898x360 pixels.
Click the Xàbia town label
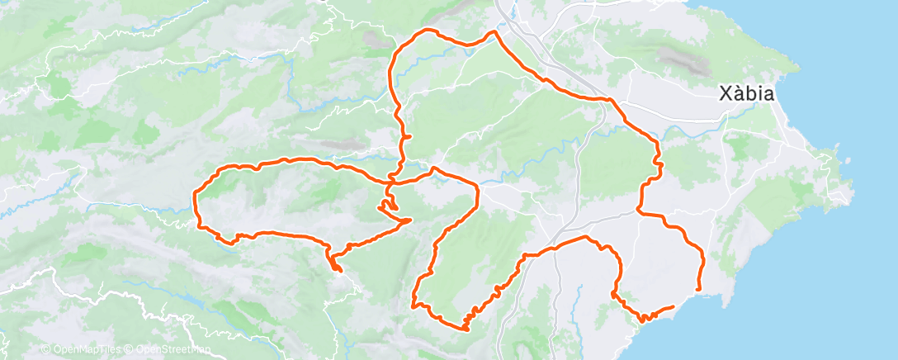[746, 94]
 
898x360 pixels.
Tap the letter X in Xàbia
[725, 94]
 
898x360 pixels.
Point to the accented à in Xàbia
[739, 93]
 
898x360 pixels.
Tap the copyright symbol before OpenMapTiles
[45, 350]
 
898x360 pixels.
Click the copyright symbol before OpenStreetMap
[130, 350]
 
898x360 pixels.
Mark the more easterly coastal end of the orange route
[699, 289]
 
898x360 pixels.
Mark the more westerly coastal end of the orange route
[674, 306]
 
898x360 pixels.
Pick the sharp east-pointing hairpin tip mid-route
[411, 220]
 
